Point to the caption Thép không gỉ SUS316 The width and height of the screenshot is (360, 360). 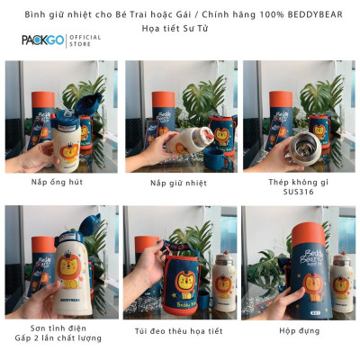tap(300, 187)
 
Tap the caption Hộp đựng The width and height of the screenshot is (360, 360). tap(300, 328)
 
